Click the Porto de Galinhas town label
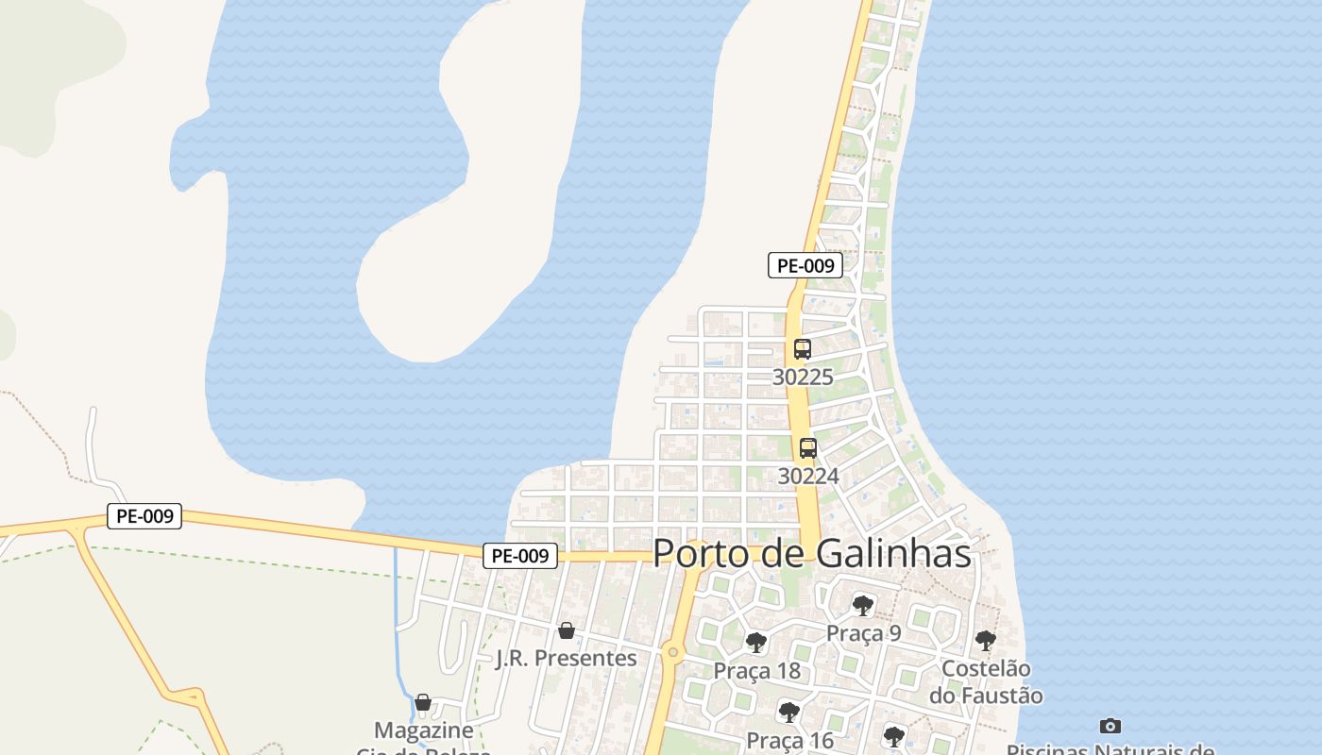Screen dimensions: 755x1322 pyautogui.click(x=812, y=553)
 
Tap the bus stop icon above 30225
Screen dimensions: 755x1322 pyautogui.click(x=802, y=349)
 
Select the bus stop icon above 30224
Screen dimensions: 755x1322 pyautogui.click(x=807, y=448)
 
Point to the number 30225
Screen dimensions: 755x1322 pyautogui.click(x=803, y=377)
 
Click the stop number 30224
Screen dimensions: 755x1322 pyautogui.click(x=808, y=477)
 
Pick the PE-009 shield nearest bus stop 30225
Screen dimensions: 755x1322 pyautogui.click(x=805, y=265)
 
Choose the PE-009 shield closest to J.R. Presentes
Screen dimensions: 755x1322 pyautogui.click(x=520, y=556)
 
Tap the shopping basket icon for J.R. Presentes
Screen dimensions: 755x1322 pyautogui.click(x=566, y=629)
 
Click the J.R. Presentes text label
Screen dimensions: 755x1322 pyautogui.click(x=567, y=658)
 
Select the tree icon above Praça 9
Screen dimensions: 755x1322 pyautogui.click(x=862, y=605)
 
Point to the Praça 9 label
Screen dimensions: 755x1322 pyautogui.click(x=863, y=633)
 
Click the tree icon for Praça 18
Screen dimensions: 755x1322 pyautogui.click(x=755, y=643)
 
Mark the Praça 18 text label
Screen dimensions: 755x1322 pyautogui.click(x=756, y=671)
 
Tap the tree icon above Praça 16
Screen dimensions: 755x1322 pyautogui.click(x=789, y=712)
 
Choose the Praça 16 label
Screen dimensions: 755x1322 pyautogui.click(x=790, y=740)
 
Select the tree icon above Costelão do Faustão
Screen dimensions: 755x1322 pyautogui.click(x=986, y=641)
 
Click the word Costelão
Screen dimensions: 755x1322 pyautogui.click(x=986, y=669)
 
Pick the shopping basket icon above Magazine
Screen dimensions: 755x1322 pyautogui.click(x=423, y=702)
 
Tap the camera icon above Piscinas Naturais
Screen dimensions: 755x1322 pyautogui.click(x=1110, y=726)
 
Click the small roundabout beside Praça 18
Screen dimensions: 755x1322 pyautogui.click(x=672, y=651)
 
